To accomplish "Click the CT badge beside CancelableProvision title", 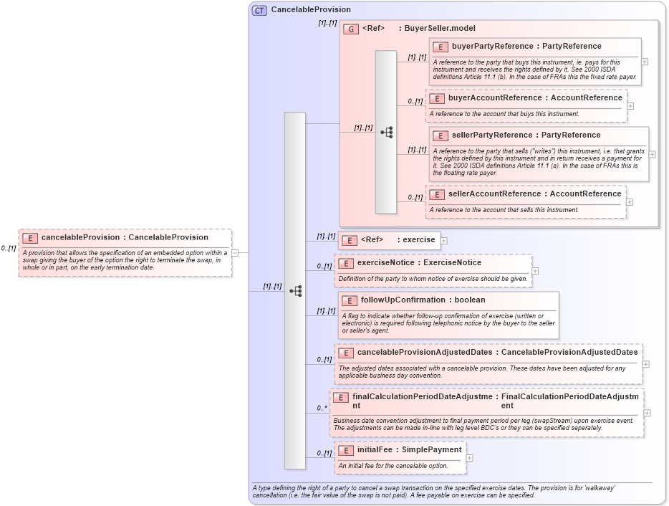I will (x=259, y=10).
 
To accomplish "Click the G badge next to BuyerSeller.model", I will (x=351, y=29).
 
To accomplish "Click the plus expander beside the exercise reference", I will (x=444, y=240).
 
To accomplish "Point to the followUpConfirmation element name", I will (x=403, y=300).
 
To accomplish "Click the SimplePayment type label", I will (x=430, y=450).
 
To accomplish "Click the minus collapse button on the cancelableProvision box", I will (x=244, y=253).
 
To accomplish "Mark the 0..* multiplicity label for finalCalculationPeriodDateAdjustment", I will (x=322, y=409).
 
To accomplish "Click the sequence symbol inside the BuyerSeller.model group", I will (x=387, y=133).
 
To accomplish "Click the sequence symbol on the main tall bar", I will (x=295, y=291).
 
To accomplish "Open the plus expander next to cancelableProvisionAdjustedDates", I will (x=646, y=364).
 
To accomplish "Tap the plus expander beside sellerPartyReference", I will (x=652, y=154).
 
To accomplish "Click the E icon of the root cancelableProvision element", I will (x=30, y=237).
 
